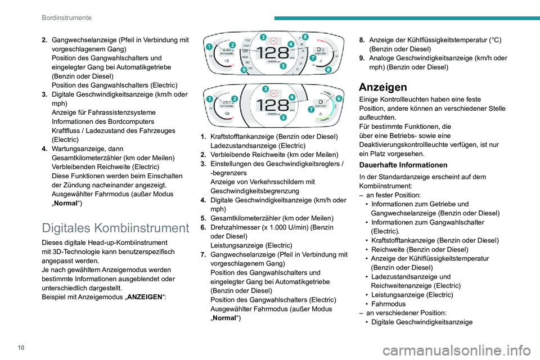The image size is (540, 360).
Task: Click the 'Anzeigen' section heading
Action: pyautogui.click(x=383, y=87)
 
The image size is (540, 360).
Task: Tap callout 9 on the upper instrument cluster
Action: pyautogui.click(x=243, y=70)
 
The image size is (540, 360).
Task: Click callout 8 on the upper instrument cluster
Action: pyautogui.click(x=328, y=69)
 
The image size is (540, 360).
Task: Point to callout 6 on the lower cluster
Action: pyautogui.click(x=339, y=98)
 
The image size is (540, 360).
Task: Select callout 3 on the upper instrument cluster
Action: pyautogui.click(x=264, y=37)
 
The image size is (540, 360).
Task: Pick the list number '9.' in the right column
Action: pyautogui.click(x=363, y=58)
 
